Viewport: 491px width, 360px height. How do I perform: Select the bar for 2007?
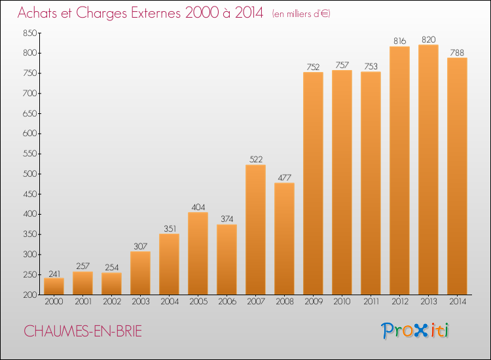[255, 230]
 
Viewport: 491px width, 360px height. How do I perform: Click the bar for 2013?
[428, 170]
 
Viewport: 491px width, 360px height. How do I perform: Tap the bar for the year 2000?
[54, 286]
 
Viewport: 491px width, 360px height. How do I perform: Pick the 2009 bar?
[313, 183]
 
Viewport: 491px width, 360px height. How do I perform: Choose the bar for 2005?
[198, 253]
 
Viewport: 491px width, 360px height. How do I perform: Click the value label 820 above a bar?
[428, 39]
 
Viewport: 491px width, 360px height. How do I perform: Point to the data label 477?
[284, 177]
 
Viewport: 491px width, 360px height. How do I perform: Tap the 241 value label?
[54, 274]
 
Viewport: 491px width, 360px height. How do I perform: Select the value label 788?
[457, 52]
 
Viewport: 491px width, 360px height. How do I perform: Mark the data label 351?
[170, 228]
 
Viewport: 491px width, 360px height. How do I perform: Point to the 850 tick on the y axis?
[30, 33]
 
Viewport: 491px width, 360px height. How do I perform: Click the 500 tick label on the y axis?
[30, 173]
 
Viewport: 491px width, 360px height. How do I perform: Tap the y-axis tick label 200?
[30, 295]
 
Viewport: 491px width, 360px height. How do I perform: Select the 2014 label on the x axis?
[458, 302]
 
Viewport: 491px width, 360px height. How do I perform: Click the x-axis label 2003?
[141, 302]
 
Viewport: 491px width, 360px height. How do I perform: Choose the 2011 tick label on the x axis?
[371, 302]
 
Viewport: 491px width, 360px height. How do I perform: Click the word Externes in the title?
[156, 12]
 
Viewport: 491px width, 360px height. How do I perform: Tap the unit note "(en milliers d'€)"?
[301, 14]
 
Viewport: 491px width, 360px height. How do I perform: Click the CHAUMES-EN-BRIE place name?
[82, 331]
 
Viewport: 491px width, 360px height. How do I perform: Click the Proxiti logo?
[415, 331]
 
